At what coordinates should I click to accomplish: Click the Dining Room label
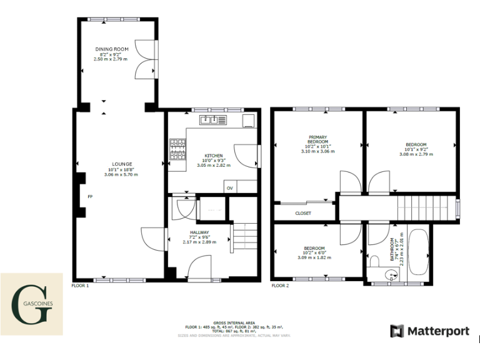(x=112, y=49)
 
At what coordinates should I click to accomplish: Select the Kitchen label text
(x=214, y=156)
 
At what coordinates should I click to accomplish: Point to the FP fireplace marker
(x=90, y=197)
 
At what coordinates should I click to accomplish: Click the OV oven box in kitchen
(x=229, y=187)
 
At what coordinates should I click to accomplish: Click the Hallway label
(x=201, y=232)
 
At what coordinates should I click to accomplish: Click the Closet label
(x=303, y=213)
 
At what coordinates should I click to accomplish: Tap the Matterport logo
(x=429, y=331)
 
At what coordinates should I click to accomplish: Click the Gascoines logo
(x=31, y=304)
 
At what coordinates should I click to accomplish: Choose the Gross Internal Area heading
(x=234, y=323)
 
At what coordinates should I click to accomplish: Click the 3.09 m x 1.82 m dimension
(x=314, y=257)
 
